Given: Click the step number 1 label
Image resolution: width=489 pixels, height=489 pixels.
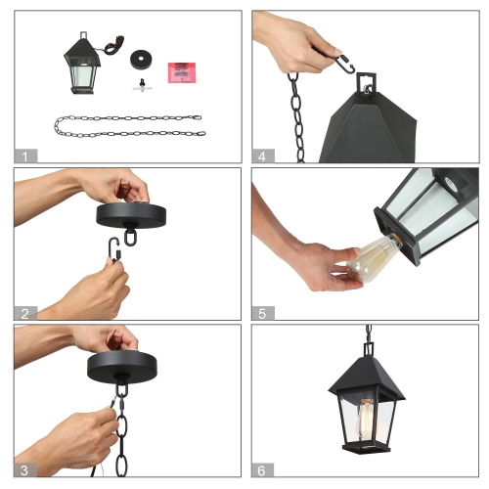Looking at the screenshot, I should point(24,155).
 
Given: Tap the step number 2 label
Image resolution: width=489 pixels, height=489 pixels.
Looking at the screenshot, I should point(24,312).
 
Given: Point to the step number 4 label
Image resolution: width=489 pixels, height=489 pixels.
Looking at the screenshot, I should point(263,155).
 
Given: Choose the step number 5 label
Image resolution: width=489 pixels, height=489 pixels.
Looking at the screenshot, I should point(263,312).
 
